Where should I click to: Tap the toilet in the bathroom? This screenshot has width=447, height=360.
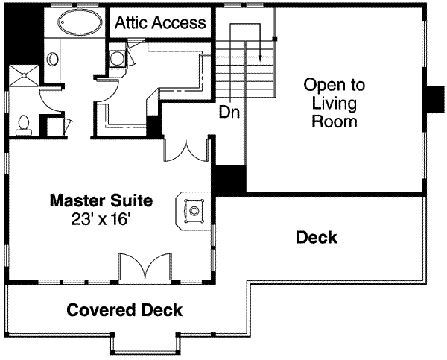click(x=23, y=124)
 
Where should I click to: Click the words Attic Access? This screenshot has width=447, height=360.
click(x=159, y=23)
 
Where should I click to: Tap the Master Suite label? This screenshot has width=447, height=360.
click(x=101, y=200)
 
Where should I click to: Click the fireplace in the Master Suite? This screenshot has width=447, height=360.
click(x=194, y=211)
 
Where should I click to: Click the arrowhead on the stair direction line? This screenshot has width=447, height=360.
click(x=261, y=57)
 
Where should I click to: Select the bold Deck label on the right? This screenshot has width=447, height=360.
click(x=317, y=238)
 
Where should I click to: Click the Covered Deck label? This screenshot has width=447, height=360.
click(x=125, y=310)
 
